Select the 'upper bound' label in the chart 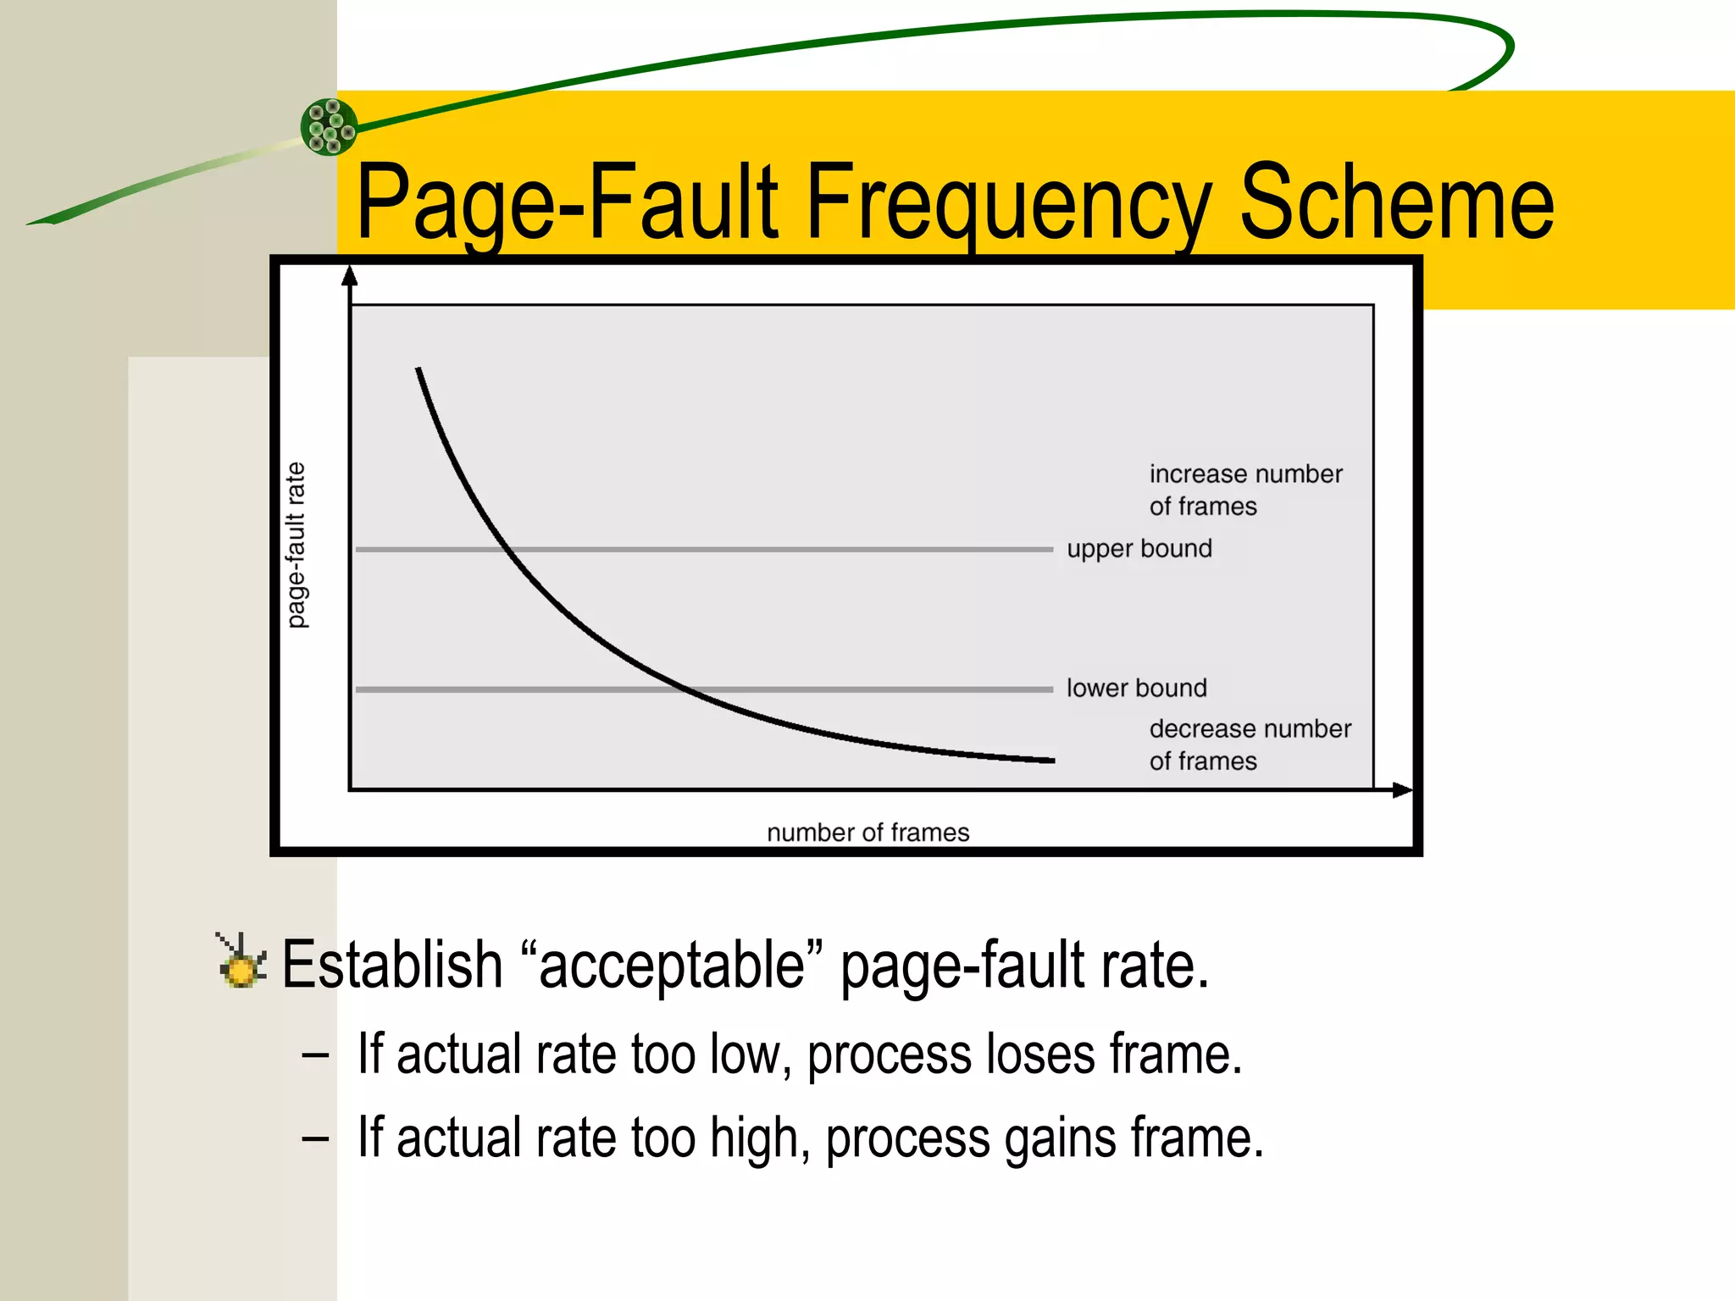tap(1139, 549)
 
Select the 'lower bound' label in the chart tap(1136, 688)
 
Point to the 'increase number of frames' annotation tap(1245, 490)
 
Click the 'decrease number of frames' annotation tap(1250, 745)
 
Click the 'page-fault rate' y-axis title tap(296, 545)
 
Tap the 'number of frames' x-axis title tap(867, 833)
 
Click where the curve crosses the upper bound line tap(509, 550)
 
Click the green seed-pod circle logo tap(330, 127)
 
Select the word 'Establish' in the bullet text tap(392, 965)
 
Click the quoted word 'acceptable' tap(671, 966)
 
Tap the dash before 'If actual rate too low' tap(315, 1055)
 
